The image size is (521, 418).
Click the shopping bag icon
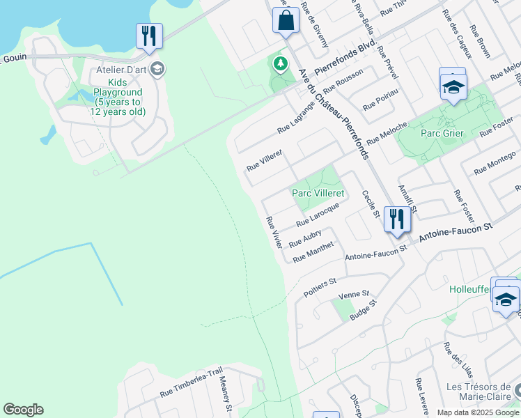click(286, 20)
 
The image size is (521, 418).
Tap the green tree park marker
click(280, 65)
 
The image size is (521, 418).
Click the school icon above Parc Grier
click(453, 87)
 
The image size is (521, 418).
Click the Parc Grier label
click(443, 133)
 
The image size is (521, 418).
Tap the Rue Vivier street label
click(274, 233)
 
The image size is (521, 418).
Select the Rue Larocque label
click(317, 214)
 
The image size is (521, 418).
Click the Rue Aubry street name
click(304, 238)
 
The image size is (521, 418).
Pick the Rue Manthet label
click(313, 252)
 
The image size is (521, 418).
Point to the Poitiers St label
click(320, 288)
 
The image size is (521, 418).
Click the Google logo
click(23, 410)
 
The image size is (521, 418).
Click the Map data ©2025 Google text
click(477, 412)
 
